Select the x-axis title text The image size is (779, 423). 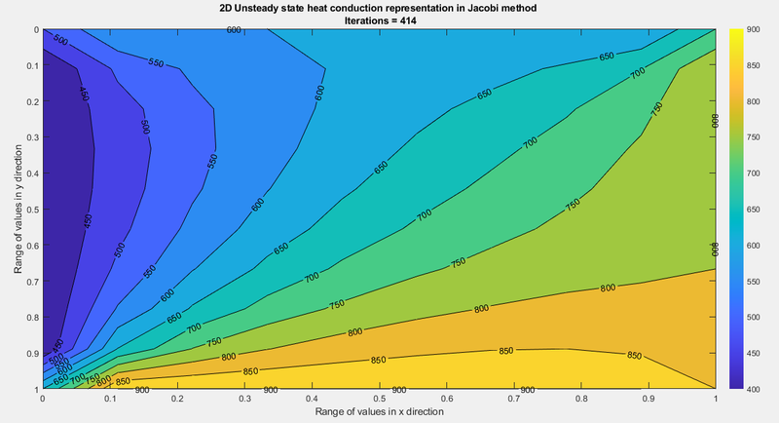(379, 412)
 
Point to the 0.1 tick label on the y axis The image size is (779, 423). (29, 65)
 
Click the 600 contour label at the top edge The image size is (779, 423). (233, 30)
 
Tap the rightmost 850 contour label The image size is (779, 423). (634, 355)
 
